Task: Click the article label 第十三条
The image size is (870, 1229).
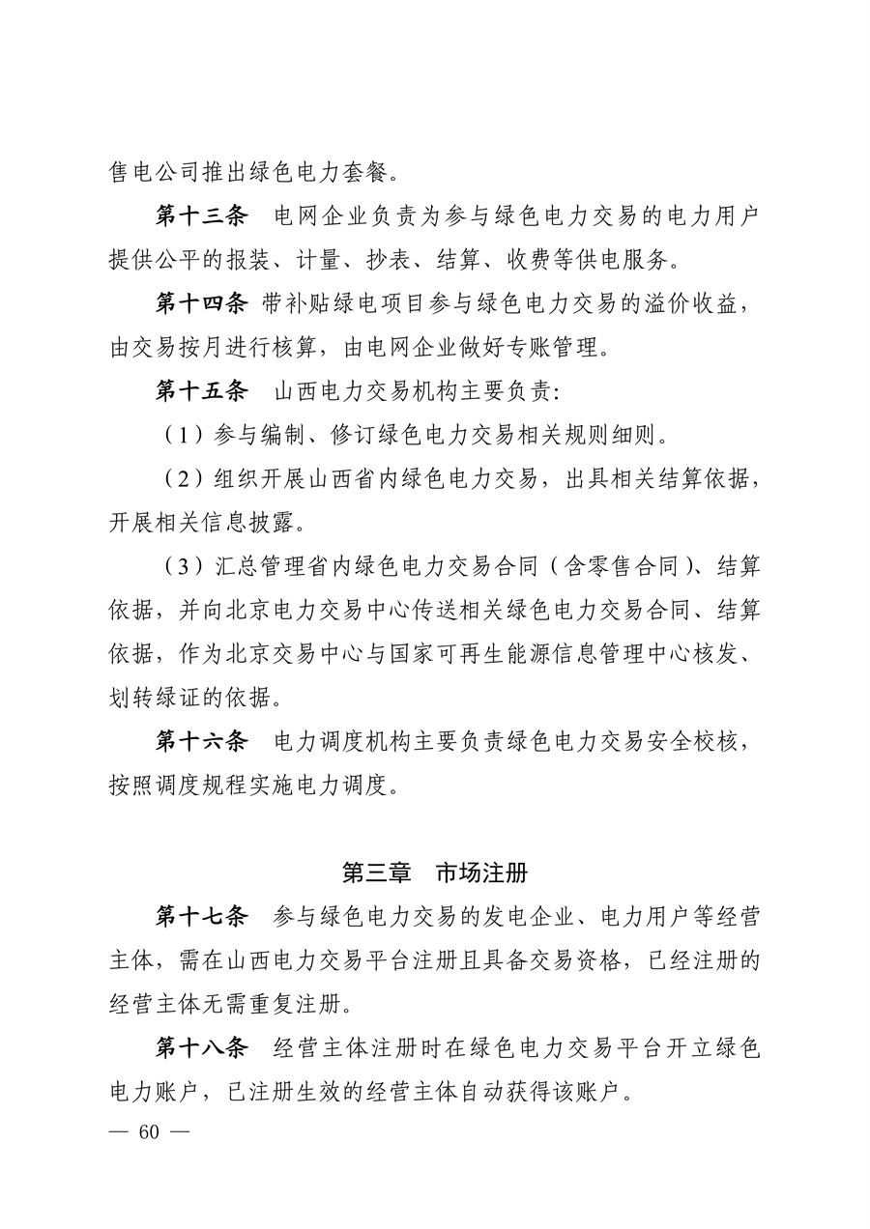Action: (202, 215)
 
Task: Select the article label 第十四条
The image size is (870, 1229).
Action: (202, 304)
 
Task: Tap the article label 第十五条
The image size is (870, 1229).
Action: (202, 392)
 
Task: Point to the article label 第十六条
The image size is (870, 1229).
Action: (202, 742)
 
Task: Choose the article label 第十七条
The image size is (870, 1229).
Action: (202, 916)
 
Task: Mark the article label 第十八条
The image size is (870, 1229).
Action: (202, 1049)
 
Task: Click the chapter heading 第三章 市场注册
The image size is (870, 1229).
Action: (435, 872)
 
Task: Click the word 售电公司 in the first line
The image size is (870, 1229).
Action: (155, 173)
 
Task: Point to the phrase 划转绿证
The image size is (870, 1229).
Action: (155, 698)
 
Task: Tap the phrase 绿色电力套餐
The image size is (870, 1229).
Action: (320, 173)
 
